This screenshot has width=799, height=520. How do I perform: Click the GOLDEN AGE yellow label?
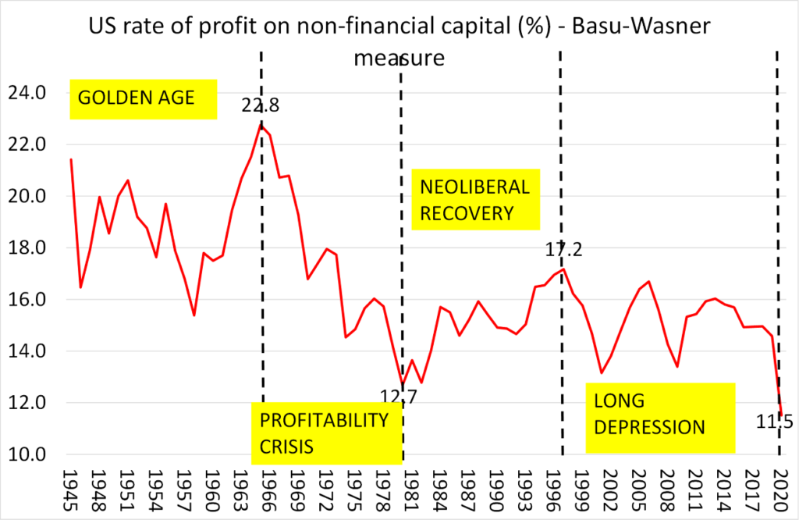point(143,98)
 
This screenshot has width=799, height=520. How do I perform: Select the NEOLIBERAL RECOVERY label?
point(475,200)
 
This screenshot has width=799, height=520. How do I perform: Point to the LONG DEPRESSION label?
point(660,414)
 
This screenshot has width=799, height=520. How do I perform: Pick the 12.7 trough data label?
point(400,397)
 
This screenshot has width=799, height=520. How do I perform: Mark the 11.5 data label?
point(774,422)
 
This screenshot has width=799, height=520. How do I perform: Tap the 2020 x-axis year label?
point(780,490)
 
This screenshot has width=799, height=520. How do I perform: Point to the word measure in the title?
point(399,58)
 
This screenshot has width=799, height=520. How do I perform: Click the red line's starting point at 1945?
point(71,159)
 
